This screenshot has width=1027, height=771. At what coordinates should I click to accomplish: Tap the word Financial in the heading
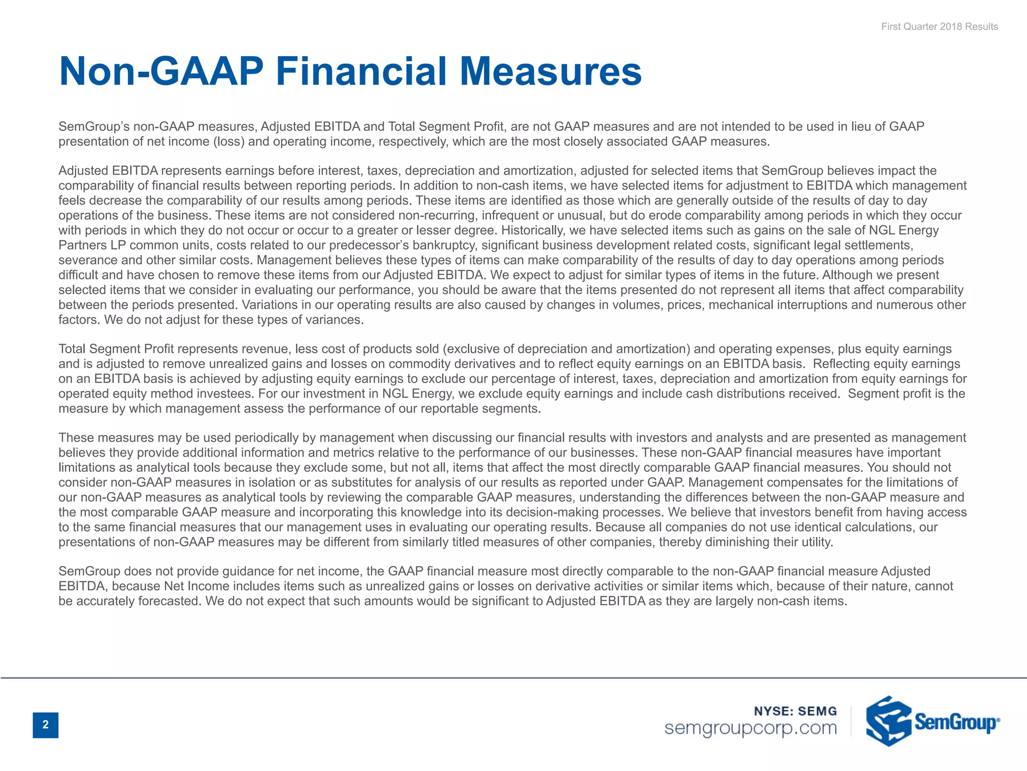361,71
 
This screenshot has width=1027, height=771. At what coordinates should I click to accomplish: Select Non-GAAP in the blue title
161,71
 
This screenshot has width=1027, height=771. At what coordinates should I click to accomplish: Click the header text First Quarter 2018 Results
939,27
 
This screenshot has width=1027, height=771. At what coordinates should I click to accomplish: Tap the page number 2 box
46,725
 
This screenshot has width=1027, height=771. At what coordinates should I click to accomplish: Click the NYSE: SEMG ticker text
795,711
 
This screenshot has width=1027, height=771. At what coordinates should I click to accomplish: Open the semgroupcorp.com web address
751,728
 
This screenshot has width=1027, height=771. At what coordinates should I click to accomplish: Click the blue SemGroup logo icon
888,721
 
